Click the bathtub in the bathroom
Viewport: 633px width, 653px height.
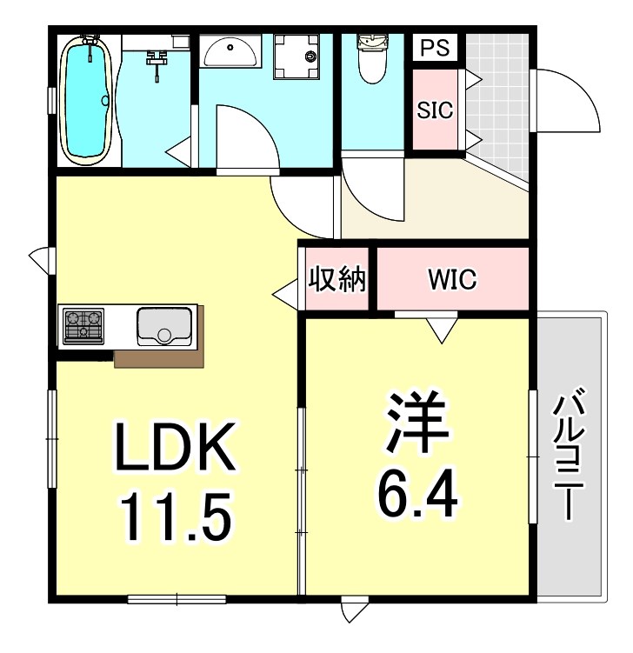88,99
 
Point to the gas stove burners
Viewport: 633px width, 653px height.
83,324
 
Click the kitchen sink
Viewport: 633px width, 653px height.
164,325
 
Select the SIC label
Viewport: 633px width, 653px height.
434,111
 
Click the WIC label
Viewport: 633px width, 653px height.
452,279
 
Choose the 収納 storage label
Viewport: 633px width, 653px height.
338,280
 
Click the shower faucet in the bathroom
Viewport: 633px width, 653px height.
157,61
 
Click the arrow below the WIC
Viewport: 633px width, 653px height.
443,329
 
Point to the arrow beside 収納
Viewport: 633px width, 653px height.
286,295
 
